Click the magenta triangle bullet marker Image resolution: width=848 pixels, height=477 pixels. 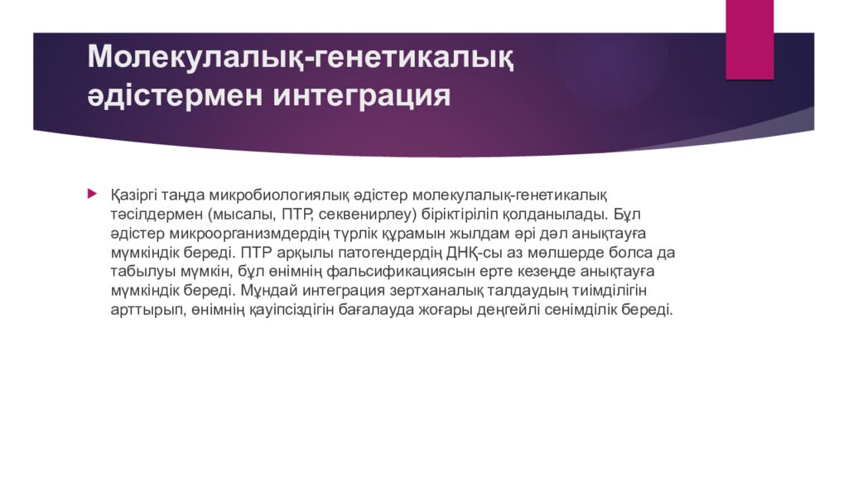pyautogui.click(x=93, y=194)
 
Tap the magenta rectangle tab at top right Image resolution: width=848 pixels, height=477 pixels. pyautogui.click(x=749, y=40)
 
